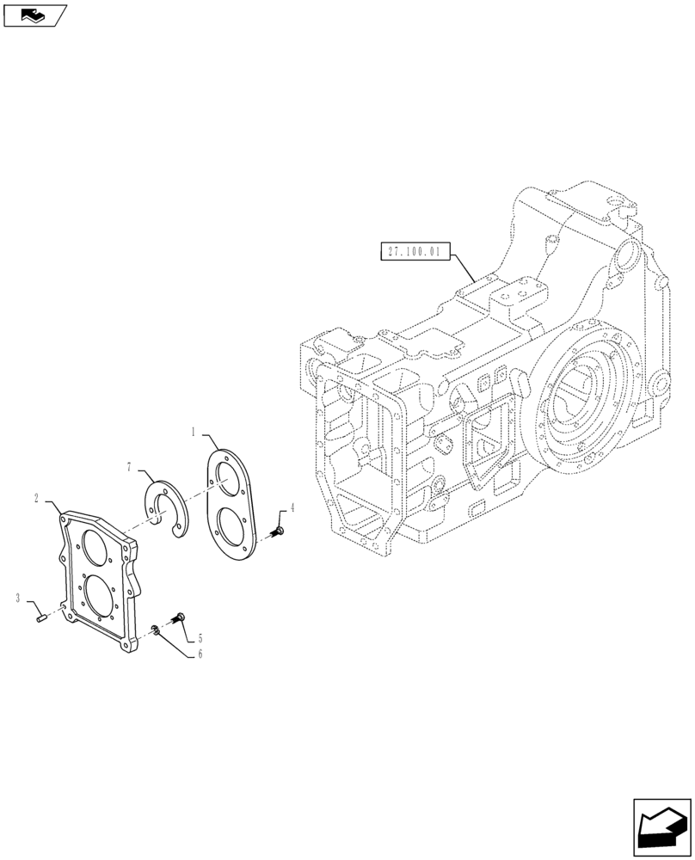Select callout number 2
pyautogui.click(x=38, y=498)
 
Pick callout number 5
pyautogui.click(x=200, y=638)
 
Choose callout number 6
pyautogui.click(x=200, y=654)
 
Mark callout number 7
pyautogui.click(x=129, y=466)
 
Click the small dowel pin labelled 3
pyautogui.click(x=42, y=616)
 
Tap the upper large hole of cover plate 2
pyautogui.click(x=95, y=544)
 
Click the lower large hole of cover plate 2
pyautogui.click(x=96, y=594)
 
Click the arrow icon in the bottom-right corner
pyautogui.click(x=662, y=828)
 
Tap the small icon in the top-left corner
pyautogui.click(x=34, y=15)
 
